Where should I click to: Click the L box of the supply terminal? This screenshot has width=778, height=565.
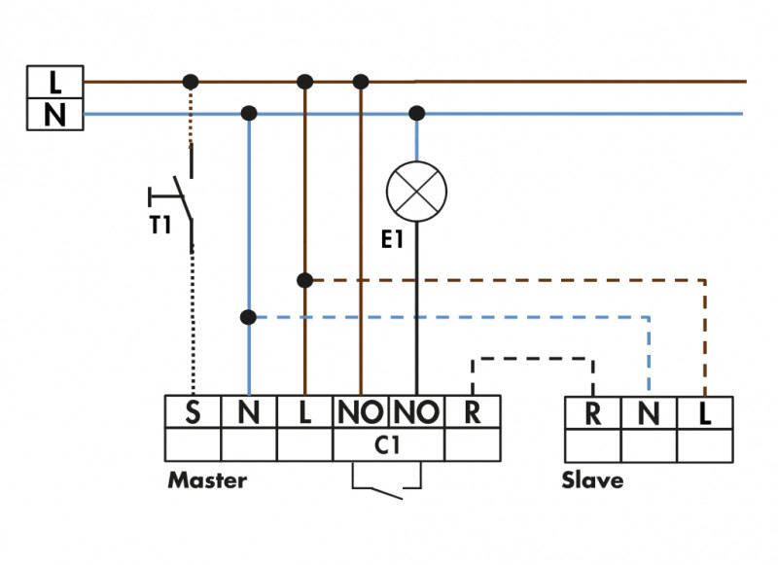[x=54, y=82]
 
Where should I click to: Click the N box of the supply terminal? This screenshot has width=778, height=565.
[x=54, y=114]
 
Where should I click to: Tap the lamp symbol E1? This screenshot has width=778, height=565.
[x=417, y=191]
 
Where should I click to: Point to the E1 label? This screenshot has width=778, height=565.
[x=392, y=239]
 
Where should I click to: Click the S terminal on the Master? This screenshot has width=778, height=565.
[x=193, y=412]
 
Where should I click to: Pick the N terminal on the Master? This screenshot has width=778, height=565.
[x=249, y=412]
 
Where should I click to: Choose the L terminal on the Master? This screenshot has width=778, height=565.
[x=304, y=412]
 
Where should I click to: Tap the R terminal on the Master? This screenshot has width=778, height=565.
[x=473, y=412]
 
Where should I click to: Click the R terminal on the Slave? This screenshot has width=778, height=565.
[x=593, y=413]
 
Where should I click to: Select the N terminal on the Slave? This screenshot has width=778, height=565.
[x=649, y=413]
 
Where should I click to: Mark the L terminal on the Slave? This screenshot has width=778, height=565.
[x=705, y=413]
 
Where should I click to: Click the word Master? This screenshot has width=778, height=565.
[x=207, y=480]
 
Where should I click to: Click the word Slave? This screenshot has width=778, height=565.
[x=592, y=480]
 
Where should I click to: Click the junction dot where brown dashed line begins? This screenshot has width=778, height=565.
[x=304, y=280]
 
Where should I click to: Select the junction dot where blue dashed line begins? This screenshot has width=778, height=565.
[x=249, y=317]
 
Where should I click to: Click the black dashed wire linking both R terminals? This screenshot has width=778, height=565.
[x=532, y=359]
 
